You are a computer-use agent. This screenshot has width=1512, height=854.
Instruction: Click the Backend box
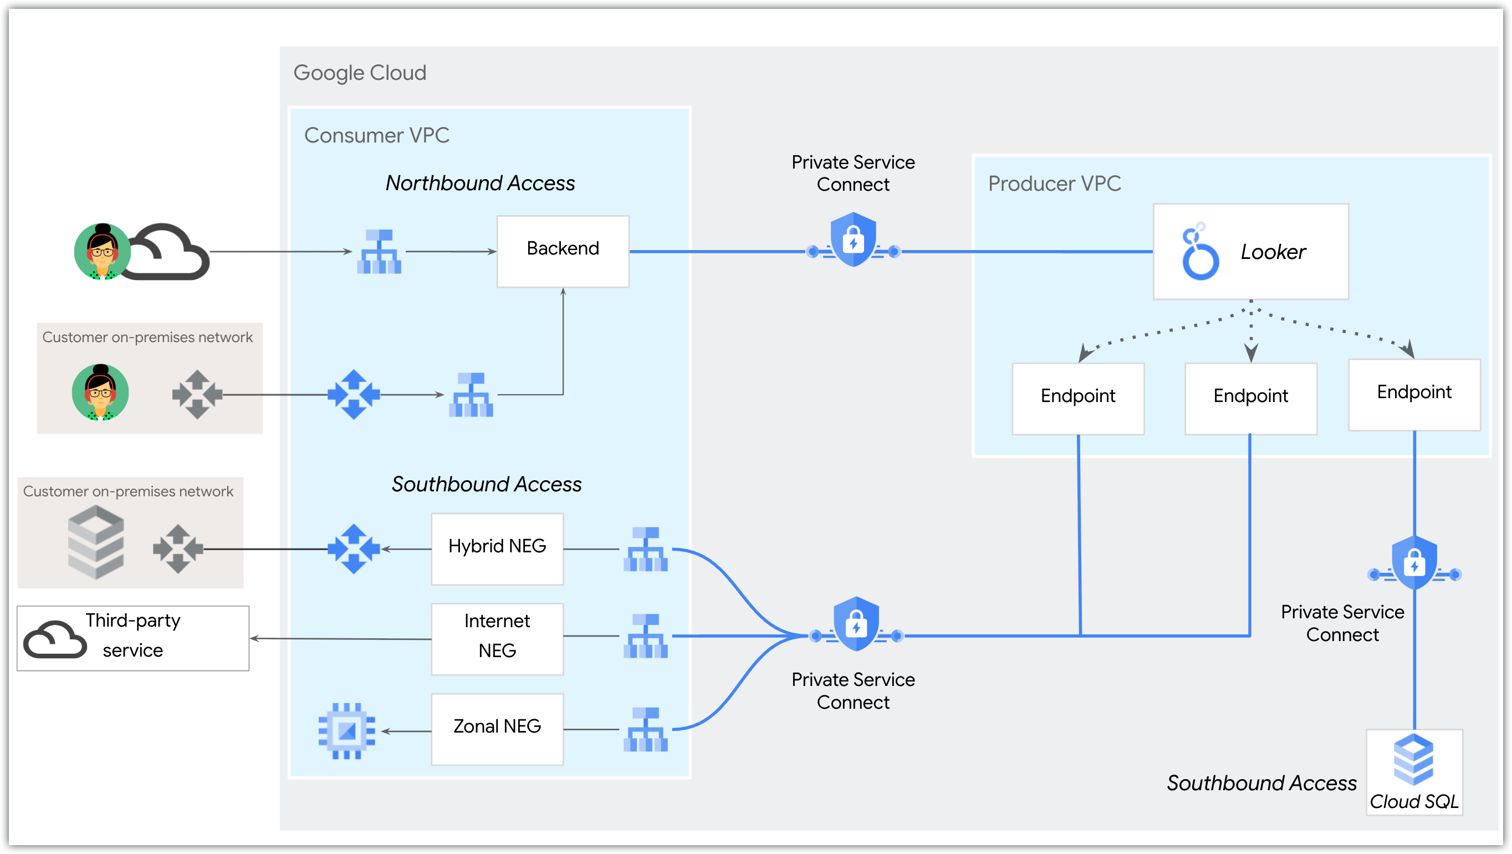click(x=563, y=251)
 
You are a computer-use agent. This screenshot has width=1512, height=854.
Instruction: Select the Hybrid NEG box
click(x=497, y=548)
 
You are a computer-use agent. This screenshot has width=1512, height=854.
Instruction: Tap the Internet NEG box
click(x=497, y=638)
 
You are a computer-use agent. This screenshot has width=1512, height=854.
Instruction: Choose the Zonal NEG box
click(x=497, y=728)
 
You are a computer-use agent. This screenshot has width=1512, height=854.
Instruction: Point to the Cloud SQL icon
click(x=1413, y=759)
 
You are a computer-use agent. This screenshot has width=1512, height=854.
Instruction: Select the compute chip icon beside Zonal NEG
click(x=346, y=731)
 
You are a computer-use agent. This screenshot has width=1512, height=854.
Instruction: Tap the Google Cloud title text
click(x=359, y=73)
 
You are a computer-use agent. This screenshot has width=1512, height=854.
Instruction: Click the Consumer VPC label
click(x=376, y=135)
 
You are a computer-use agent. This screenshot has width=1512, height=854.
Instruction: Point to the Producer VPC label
click(x=1054, y=183)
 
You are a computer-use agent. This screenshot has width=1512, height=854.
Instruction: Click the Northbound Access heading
click(x=479, y=182)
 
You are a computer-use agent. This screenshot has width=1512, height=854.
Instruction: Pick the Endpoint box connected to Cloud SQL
click(x=1413, y=394)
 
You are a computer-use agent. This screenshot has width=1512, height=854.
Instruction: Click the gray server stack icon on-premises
click(x=96, y=542)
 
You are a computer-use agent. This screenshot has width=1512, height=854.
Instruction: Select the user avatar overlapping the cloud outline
click(x=102, y=251)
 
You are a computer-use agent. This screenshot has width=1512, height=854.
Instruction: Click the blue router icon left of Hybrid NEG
click(x=354, y=548)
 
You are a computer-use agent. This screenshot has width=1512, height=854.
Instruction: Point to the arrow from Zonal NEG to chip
click(x=406, y=731)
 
